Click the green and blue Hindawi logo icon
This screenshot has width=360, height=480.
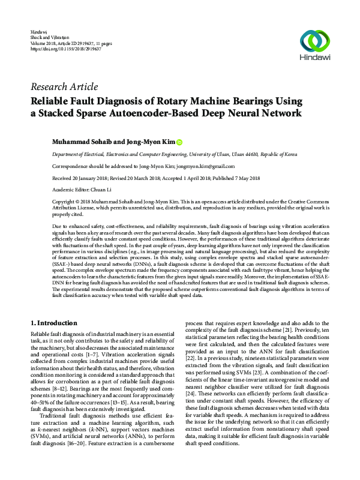pyautogui.click(x=315, y=41)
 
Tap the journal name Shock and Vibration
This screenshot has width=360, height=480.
pyautogui.click(x=47, y=37)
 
